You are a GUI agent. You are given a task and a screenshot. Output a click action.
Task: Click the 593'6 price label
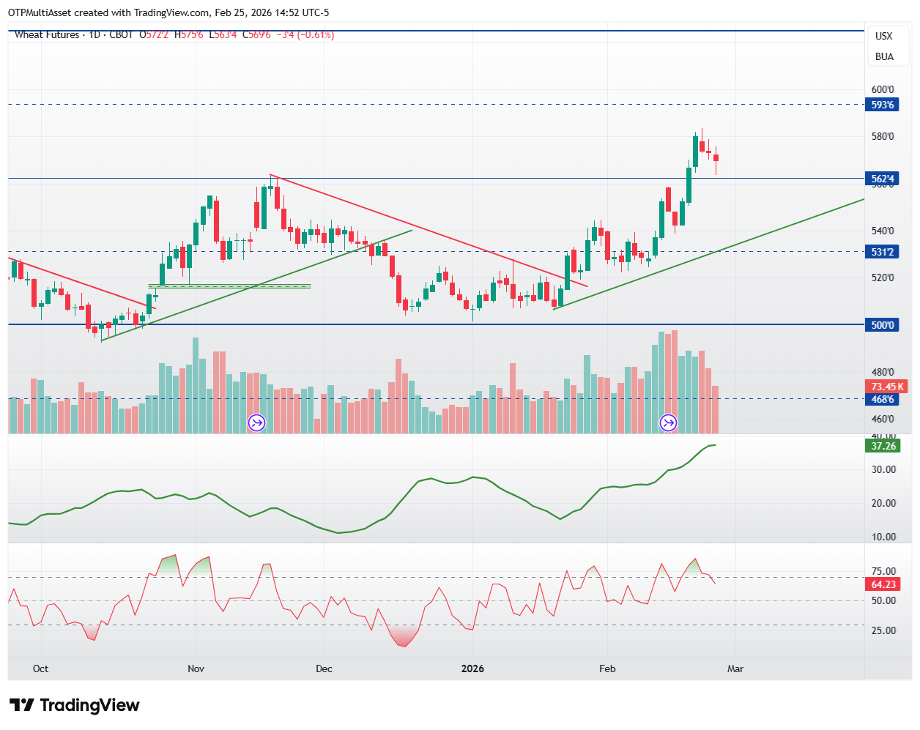(x=883, y=105)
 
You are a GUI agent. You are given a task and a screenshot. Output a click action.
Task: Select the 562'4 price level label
(x=883, y=179)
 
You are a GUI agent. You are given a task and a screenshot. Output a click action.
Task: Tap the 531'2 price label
(x=883, y=252)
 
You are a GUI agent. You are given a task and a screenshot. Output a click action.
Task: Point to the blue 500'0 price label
(x=883, y=325)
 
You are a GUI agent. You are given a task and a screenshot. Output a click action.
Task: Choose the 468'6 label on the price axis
(x=883, y=399)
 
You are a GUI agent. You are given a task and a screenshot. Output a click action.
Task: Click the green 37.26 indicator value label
(x=883, y=446)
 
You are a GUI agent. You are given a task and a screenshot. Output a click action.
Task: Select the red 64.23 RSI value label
(x=883, y=584)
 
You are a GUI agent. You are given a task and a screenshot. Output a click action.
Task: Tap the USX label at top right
(x=884, y=36)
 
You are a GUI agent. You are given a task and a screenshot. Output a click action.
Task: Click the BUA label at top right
(x=884, y=56)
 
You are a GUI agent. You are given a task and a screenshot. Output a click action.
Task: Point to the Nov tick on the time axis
(x=196, y=668)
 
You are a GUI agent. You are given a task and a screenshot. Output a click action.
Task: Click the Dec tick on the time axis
(x=324, y=668)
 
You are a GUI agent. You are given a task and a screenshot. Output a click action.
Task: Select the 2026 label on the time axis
(x=472, y=668)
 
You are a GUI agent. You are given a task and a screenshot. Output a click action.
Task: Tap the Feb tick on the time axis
(x=607, y=668)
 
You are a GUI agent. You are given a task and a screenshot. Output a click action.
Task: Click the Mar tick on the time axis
(x=735, y=668)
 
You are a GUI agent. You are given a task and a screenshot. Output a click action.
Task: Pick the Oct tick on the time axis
(x=41, y=668)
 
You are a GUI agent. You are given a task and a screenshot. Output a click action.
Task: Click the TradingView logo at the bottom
(x=74, y=705)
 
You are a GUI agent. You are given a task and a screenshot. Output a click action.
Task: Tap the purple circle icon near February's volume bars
(x=668, y=422)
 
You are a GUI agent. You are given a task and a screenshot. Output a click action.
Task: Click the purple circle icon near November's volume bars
(x=256, y=422)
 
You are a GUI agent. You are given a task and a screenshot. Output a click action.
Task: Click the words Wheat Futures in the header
(x=47, y=34)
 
